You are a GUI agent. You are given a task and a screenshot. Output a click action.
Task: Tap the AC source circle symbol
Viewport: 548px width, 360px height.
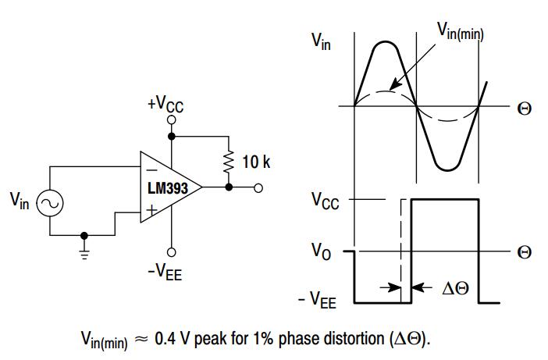pos(49,203)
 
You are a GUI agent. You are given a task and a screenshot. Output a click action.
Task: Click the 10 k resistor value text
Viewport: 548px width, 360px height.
pos(255,162)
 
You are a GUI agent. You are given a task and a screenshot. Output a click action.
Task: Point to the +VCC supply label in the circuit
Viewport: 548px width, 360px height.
pos(165,104)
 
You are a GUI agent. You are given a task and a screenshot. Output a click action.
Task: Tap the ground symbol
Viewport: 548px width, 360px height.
pos(84,248)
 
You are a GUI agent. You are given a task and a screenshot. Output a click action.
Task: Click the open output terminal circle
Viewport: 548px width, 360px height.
pos(258,187)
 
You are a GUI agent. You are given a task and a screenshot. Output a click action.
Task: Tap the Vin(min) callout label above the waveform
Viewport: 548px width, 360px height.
pos(460,32)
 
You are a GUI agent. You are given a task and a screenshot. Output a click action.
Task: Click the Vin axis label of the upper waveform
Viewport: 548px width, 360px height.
pos(322,41)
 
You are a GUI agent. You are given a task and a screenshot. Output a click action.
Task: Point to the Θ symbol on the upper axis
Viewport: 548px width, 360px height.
pos(525,108)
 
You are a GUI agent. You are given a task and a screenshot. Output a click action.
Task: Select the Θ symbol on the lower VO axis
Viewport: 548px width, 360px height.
pos(525,252)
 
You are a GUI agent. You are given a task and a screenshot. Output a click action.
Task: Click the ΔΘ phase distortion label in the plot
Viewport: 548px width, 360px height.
pos(455,288)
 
